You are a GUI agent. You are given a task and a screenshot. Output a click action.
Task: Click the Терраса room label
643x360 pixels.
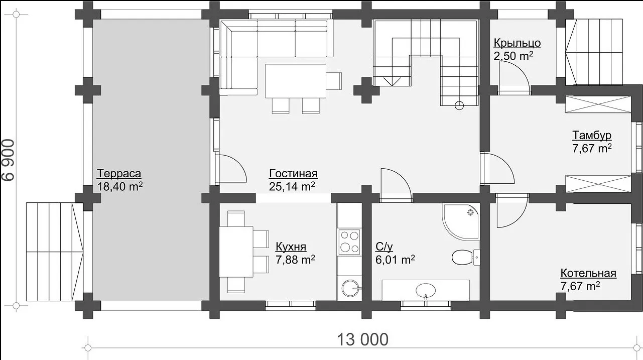point(119,174)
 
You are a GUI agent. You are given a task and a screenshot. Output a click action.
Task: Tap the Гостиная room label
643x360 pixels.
point(293,174)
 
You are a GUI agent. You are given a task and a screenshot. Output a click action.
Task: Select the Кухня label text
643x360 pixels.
point(291,247)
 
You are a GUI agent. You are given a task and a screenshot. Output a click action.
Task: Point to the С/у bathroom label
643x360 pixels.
point(384,247)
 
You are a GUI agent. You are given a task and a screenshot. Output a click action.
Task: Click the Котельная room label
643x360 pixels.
point(588,273)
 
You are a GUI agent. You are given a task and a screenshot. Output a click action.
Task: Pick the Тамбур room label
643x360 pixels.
point(592,135)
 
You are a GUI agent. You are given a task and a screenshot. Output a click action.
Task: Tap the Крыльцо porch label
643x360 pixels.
point(518,43)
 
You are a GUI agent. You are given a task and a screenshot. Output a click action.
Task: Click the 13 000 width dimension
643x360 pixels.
point(362,340)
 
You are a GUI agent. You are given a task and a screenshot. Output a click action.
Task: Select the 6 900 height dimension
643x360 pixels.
point(9,160)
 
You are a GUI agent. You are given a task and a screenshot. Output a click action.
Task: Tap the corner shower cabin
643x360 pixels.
point(461,221)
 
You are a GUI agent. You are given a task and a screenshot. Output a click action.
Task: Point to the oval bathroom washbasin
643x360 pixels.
point(426,290)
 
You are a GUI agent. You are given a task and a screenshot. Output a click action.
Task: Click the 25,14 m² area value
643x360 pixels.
point(292,187)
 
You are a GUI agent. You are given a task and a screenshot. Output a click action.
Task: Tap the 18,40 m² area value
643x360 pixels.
point(120,187)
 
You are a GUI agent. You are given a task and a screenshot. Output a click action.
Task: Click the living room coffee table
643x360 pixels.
point(296,81)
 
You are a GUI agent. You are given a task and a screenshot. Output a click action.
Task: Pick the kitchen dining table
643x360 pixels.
point(236,252)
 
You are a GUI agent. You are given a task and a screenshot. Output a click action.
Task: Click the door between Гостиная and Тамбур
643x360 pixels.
point(498,169)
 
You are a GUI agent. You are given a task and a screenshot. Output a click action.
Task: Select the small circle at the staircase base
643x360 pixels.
point(459,105)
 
